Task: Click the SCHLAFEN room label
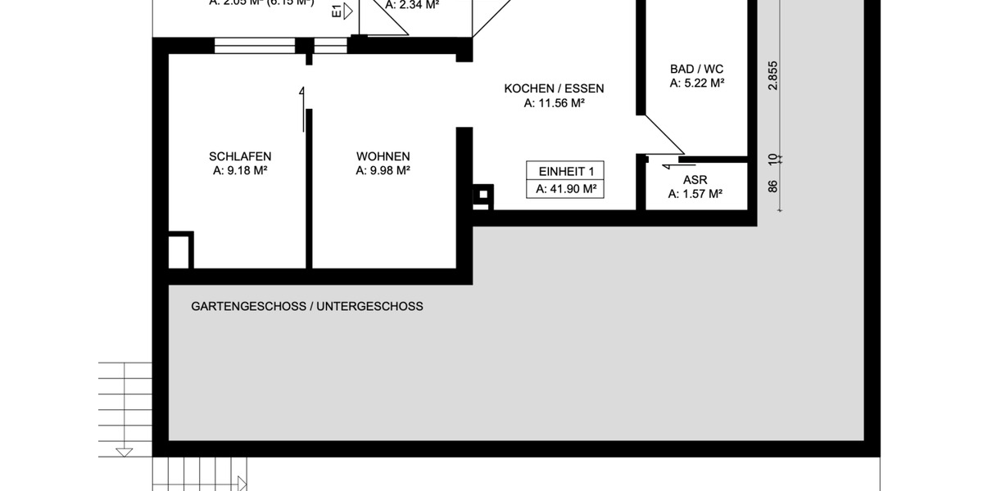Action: click(x=240, y=156)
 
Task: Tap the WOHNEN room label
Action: click(x=383, y=156)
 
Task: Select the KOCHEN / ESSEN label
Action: click(x=553, y=89)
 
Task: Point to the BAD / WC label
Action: click(x=696, y=69)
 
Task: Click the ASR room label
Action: click(x=695, y=180)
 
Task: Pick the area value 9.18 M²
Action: click(x=241, y=171)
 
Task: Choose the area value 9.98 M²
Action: click(x=383, y=171)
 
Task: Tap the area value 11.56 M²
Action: click(x=554, y=104)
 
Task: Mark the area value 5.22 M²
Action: click(x=696, y=83)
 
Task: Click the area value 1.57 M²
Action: click(x=695, y=194)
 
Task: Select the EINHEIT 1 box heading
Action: click(x=565, y=171)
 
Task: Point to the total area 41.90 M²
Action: click(x=565, y=189)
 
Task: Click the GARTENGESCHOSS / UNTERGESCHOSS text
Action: click(x=307, y=307)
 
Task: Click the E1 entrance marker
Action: click(x=337, y=11)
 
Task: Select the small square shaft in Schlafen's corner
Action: click(x=180, y=251)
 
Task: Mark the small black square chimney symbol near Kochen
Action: click(x=483, y=195)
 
